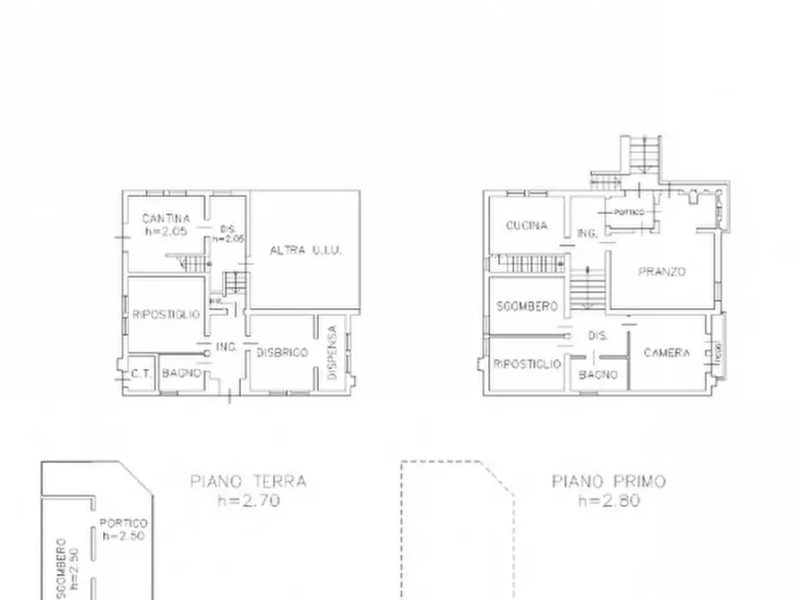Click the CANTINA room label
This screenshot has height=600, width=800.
coord(167,219)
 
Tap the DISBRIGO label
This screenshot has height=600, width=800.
coord(282,352)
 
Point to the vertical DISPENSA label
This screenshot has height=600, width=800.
coord(331,353)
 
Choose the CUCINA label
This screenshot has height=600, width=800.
coord(527,226)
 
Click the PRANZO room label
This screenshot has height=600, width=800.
coord(661,271)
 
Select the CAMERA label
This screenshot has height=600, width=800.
coord(667,353)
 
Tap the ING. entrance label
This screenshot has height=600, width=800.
coord(588,233)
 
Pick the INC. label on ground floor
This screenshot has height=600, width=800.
coord(226,347)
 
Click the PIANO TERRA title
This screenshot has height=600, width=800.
coord(248,482)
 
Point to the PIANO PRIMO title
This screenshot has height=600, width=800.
coord(608,482)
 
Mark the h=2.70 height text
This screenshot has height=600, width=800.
coord(248,501)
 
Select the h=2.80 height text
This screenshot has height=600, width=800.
coord(608,501)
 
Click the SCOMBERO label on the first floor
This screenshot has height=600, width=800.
coord(527,306)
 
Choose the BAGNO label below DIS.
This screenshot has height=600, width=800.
coord(598,374)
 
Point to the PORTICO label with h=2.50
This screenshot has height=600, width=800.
coord(124,524)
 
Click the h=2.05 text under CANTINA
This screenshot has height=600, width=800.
coord(167,232)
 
